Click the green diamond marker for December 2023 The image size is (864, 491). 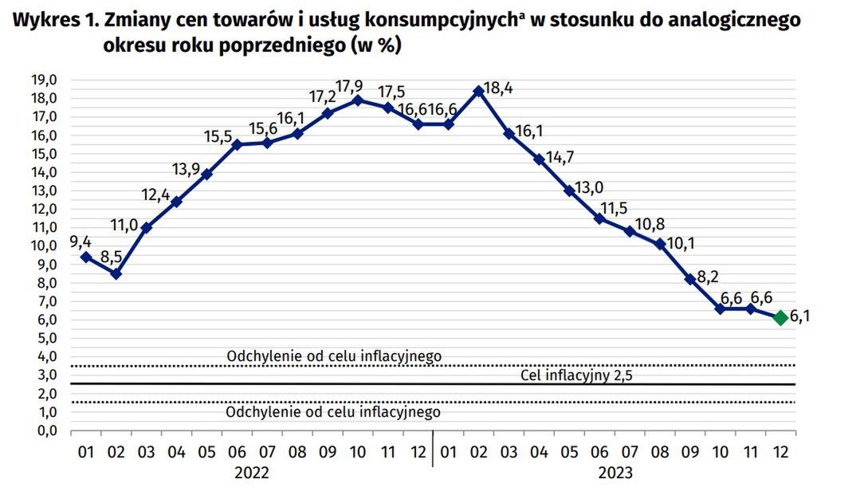(x=781, y=318)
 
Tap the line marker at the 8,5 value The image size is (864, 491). (x=116, y=273)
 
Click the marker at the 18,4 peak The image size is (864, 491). (x=478, y=91)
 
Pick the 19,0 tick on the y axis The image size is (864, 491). (x=44, y=80)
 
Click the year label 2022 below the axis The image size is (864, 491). (x=252, y=473)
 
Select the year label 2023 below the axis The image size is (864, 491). (x=615, y=473)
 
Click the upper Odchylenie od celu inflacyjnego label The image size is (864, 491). (x=334, y=355)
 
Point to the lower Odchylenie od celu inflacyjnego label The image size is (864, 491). (x=333, y=412)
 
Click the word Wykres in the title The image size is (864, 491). (x=40, y=20)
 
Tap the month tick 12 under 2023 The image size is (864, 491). (x=781, y=452)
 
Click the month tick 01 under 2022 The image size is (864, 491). (x=86, y=452)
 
